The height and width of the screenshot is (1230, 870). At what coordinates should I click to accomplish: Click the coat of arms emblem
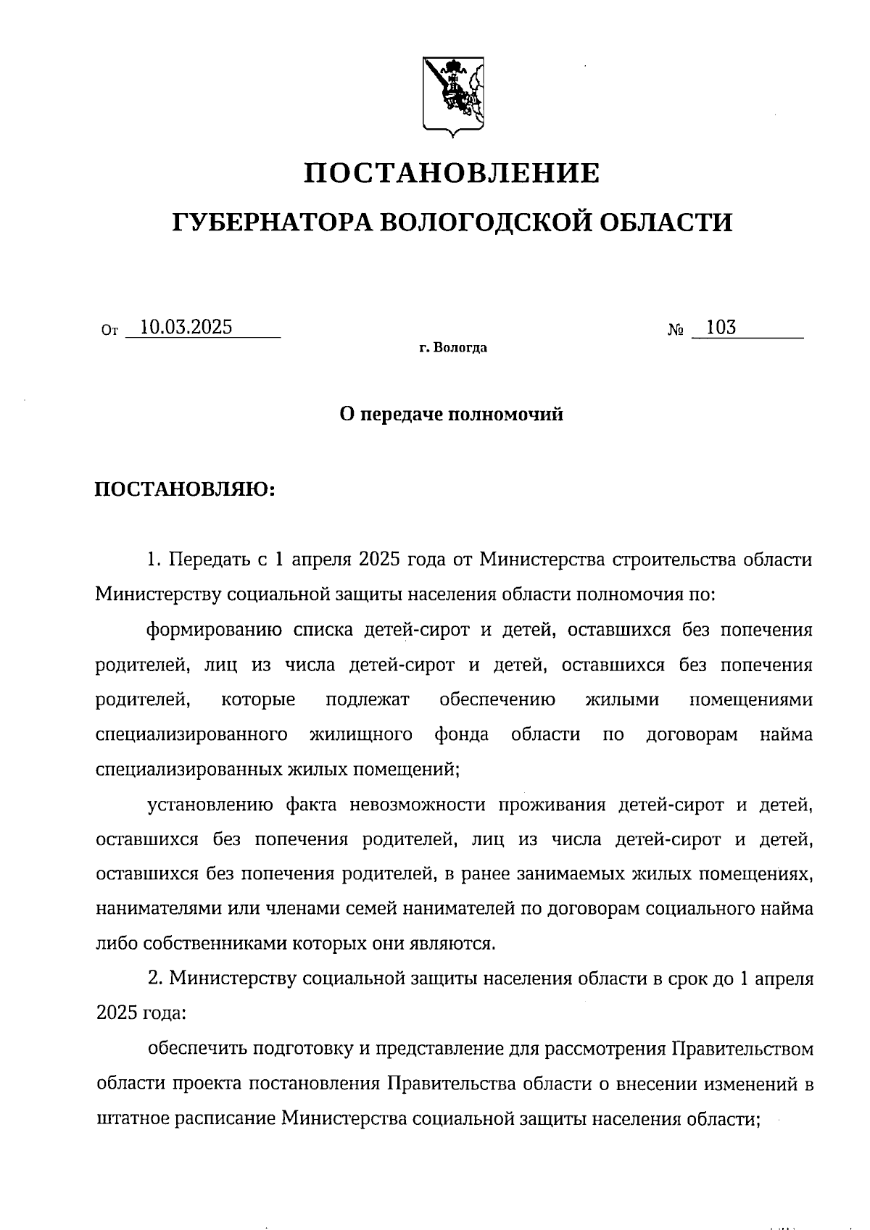click(x=453, y=96)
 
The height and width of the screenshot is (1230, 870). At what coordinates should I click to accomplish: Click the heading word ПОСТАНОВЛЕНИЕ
click(x=451, y=174)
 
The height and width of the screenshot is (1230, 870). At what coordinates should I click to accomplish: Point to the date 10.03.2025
click(x=186, y=328)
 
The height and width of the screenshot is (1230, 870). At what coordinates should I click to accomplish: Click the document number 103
click(x=721, y=328)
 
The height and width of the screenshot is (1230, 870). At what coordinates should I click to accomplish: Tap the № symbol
click(x=676, y=331)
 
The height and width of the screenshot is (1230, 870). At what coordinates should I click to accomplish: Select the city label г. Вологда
click(x=452, y=349)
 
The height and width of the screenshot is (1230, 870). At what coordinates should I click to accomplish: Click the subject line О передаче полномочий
click(x=451, y=415)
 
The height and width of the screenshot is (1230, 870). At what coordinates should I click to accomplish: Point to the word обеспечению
click(x=497, y=700)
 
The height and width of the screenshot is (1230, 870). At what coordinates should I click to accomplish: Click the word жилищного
click(x=361, y=735)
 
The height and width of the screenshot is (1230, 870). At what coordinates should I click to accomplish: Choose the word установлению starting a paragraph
click(x=210, y=805)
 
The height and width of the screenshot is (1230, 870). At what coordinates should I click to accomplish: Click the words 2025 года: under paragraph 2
click(x=141, y=1013)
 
